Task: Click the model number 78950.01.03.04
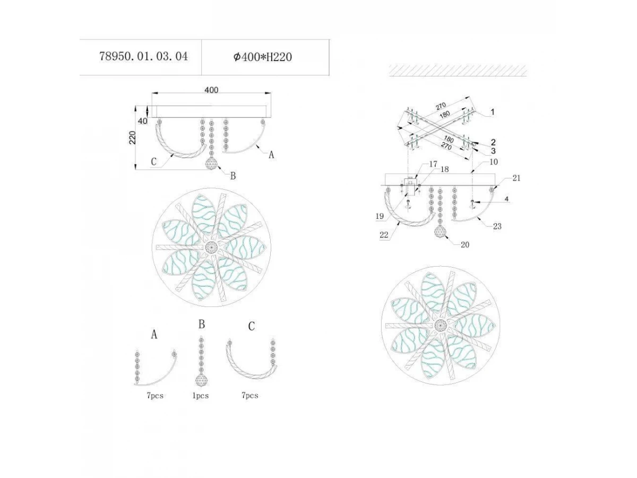tap(143, 56)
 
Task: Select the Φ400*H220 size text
tap(263, 57)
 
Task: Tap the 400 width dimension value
tap(211, 90)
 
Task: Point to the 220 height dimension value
tap(132, 138)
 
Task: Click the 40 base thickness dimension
tap(142, 121)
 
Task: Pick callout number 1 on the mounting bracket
tap(492, 112)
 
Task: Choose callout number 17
tap(433, 164)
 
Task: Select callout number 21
tap(517, 178)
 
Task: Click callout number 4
tap(507, 199)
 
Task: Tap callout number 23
tap(497, 226)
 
